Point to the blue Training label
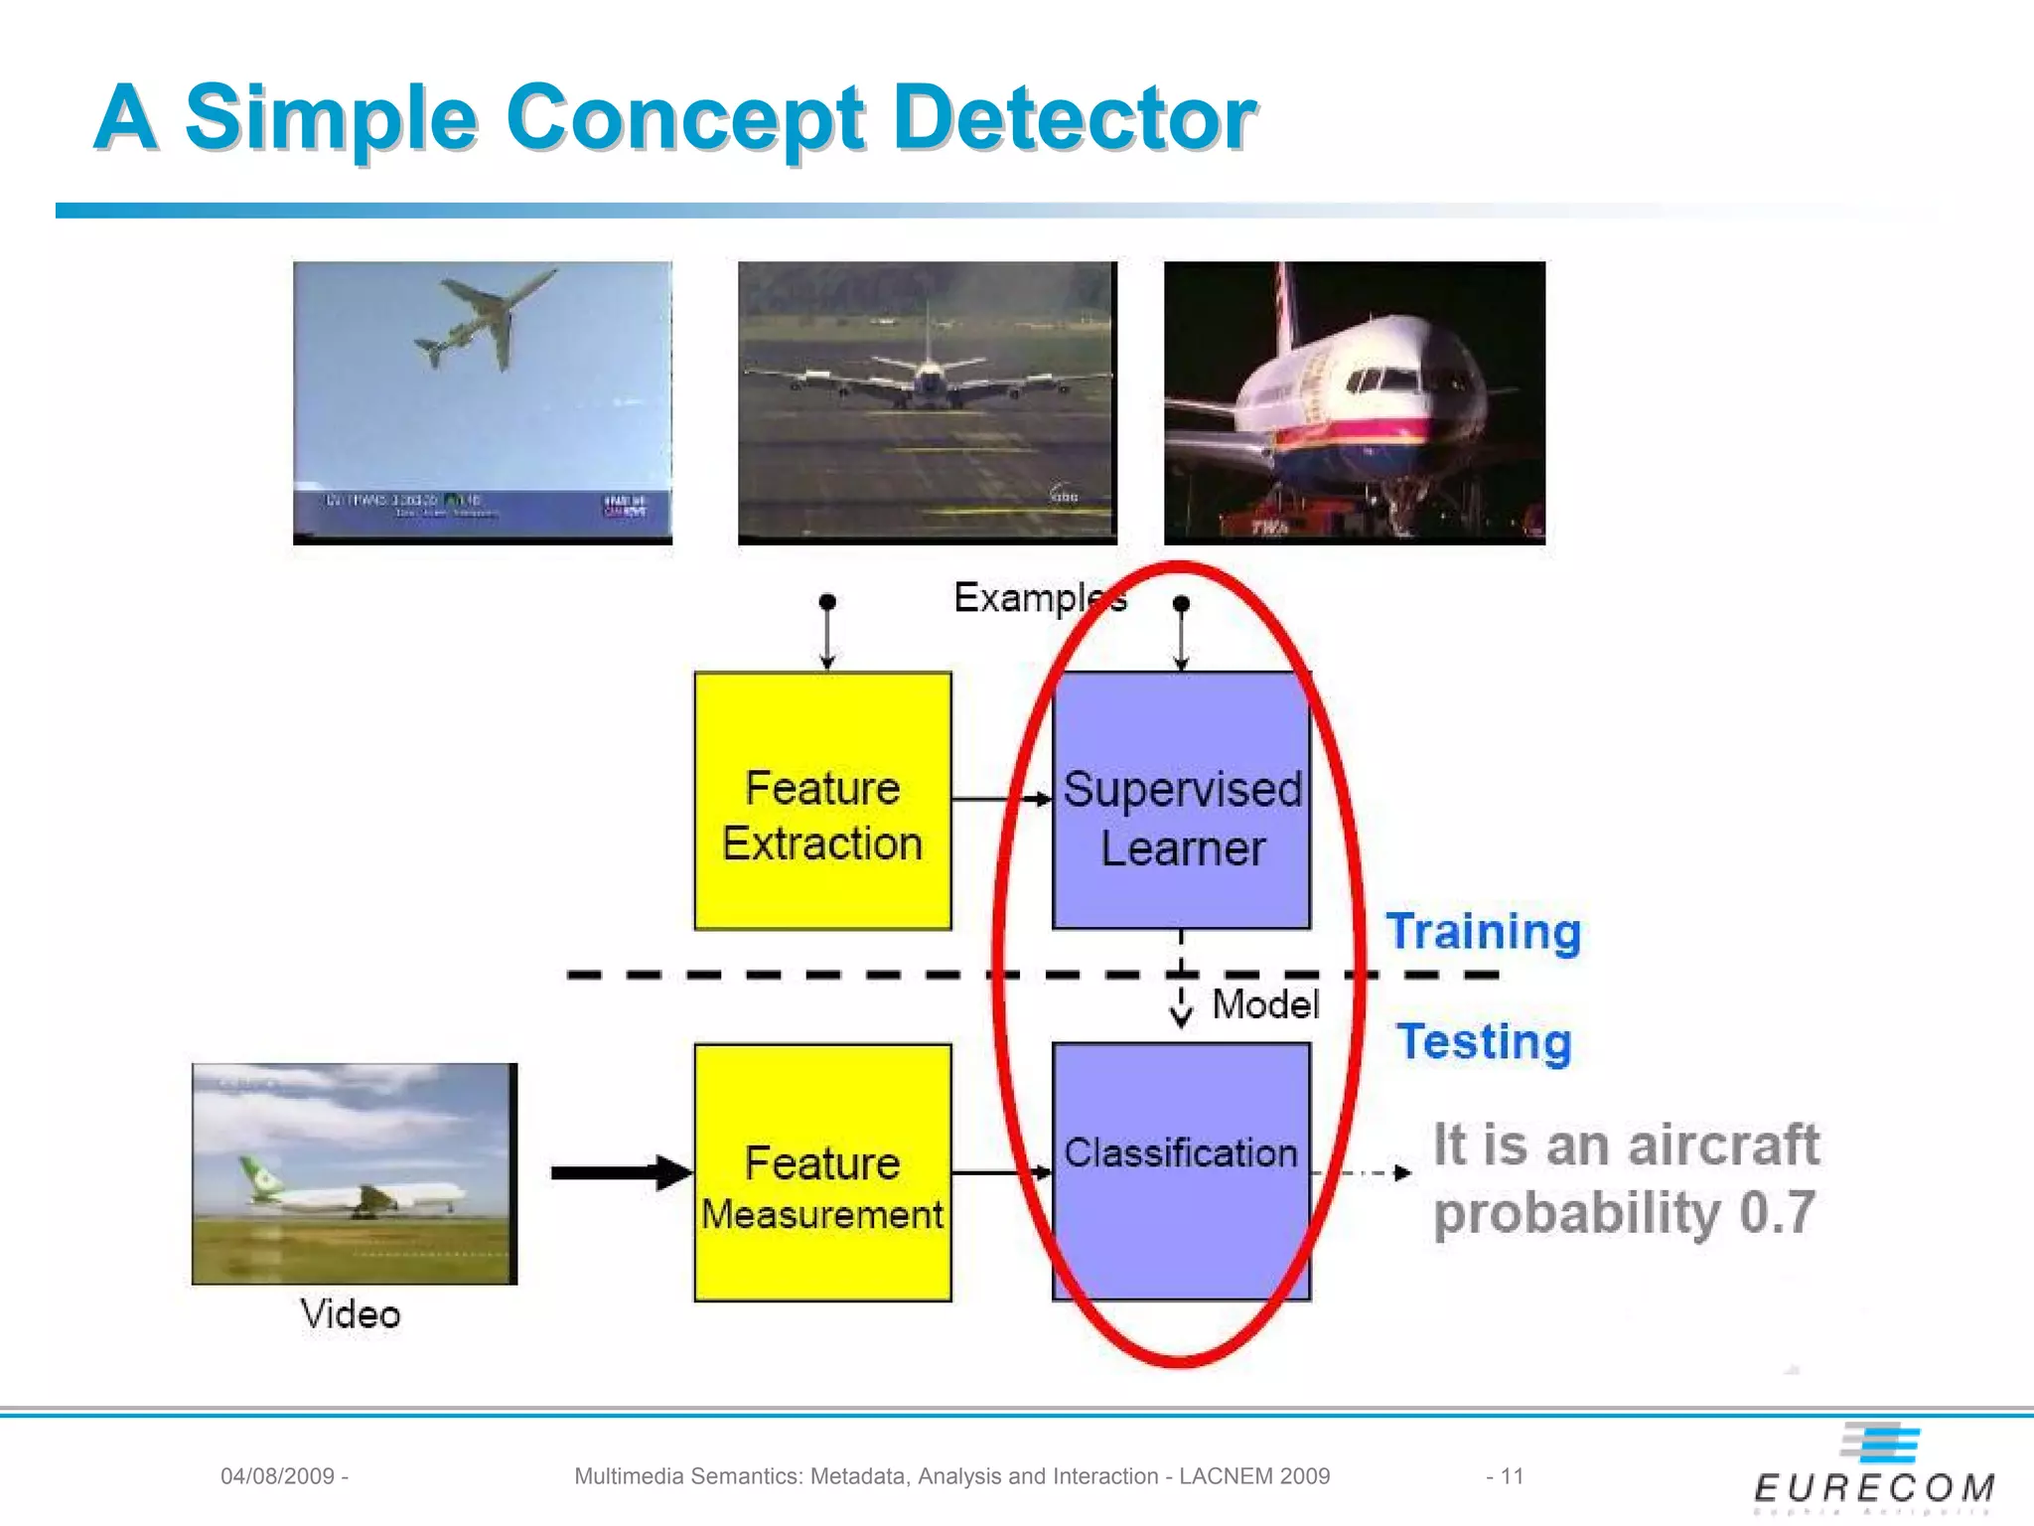click(1483, 931)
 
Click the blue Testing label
click(1484, 1041)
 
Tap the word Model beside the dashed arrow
click(1265, 1004)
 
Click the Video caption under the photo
click(350, 1314)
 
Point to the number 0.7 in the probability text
click(1777, 1213)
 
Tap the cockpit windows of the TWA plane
click(1385, 378)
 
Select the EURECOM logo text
click(1874, 1488)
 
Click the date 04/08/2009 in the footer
click(277, 1476)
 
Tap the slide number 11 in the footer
click(1512, 1476)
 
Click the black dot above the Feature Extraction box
click(827, 602)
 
